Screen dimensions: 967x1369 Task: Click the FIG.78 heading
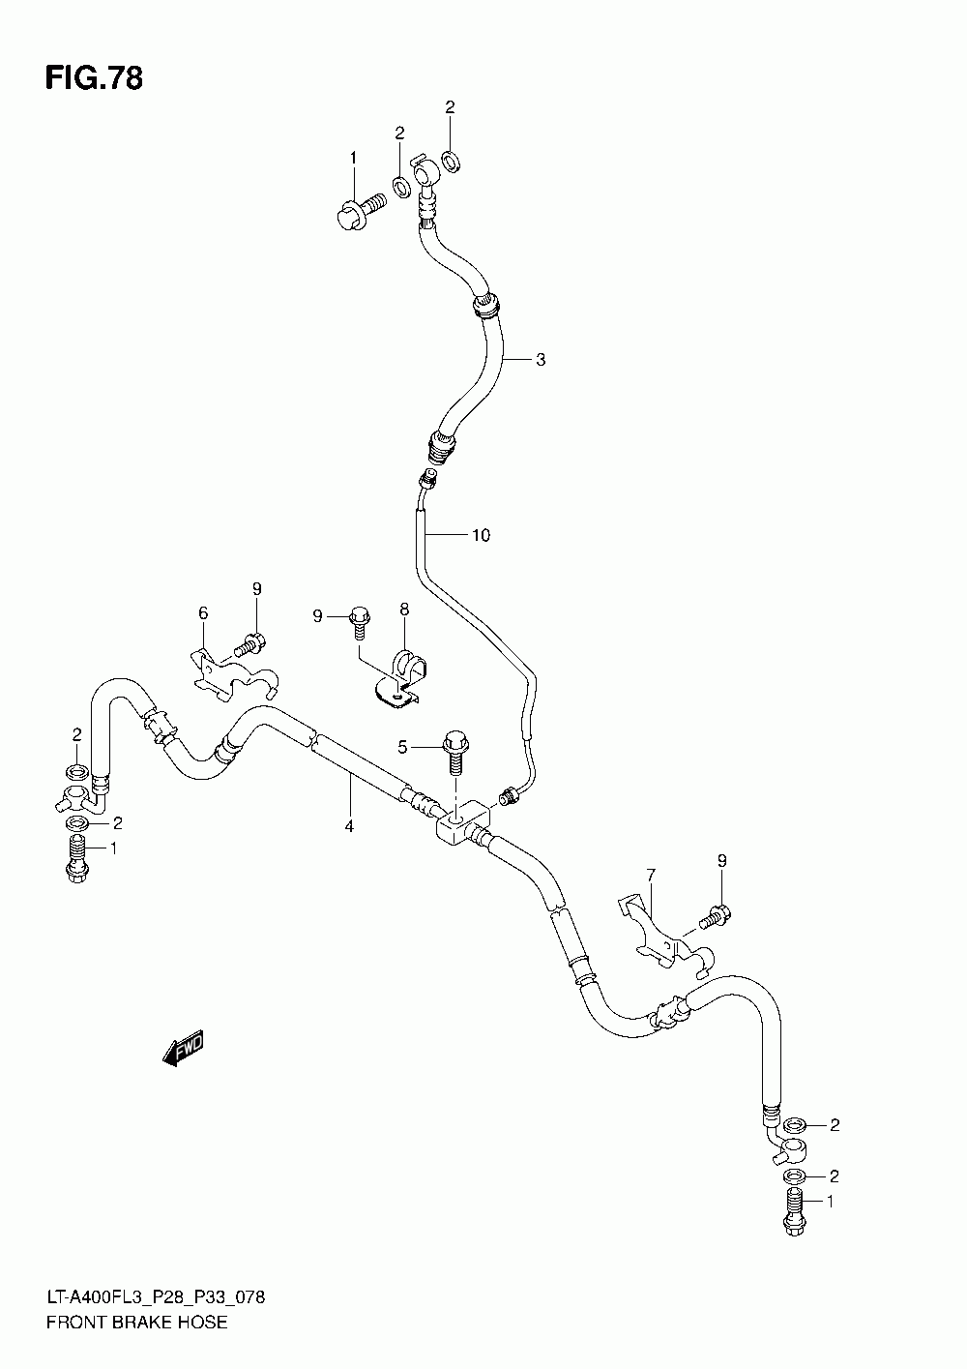click(x=94, y=78)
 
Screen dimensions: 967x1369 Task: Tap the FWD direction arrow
click(x=183, y=1048)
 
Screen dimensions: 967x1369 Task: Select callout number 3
click(x=541, y=360)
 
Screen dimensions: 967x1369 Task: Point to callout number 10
click(x=482, y=535)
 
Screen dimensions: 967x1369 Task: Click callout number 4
click(x=349, y=826)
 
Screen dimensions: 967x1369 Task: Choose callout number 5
click(x=402, y=747)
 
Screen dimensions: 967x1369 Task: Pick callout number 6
click(x=203, y=613)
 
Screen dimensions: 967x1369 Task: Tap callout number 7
click(x=651, y=876)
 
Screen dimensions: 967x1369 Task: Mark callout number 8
click(x=404, y=610)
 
